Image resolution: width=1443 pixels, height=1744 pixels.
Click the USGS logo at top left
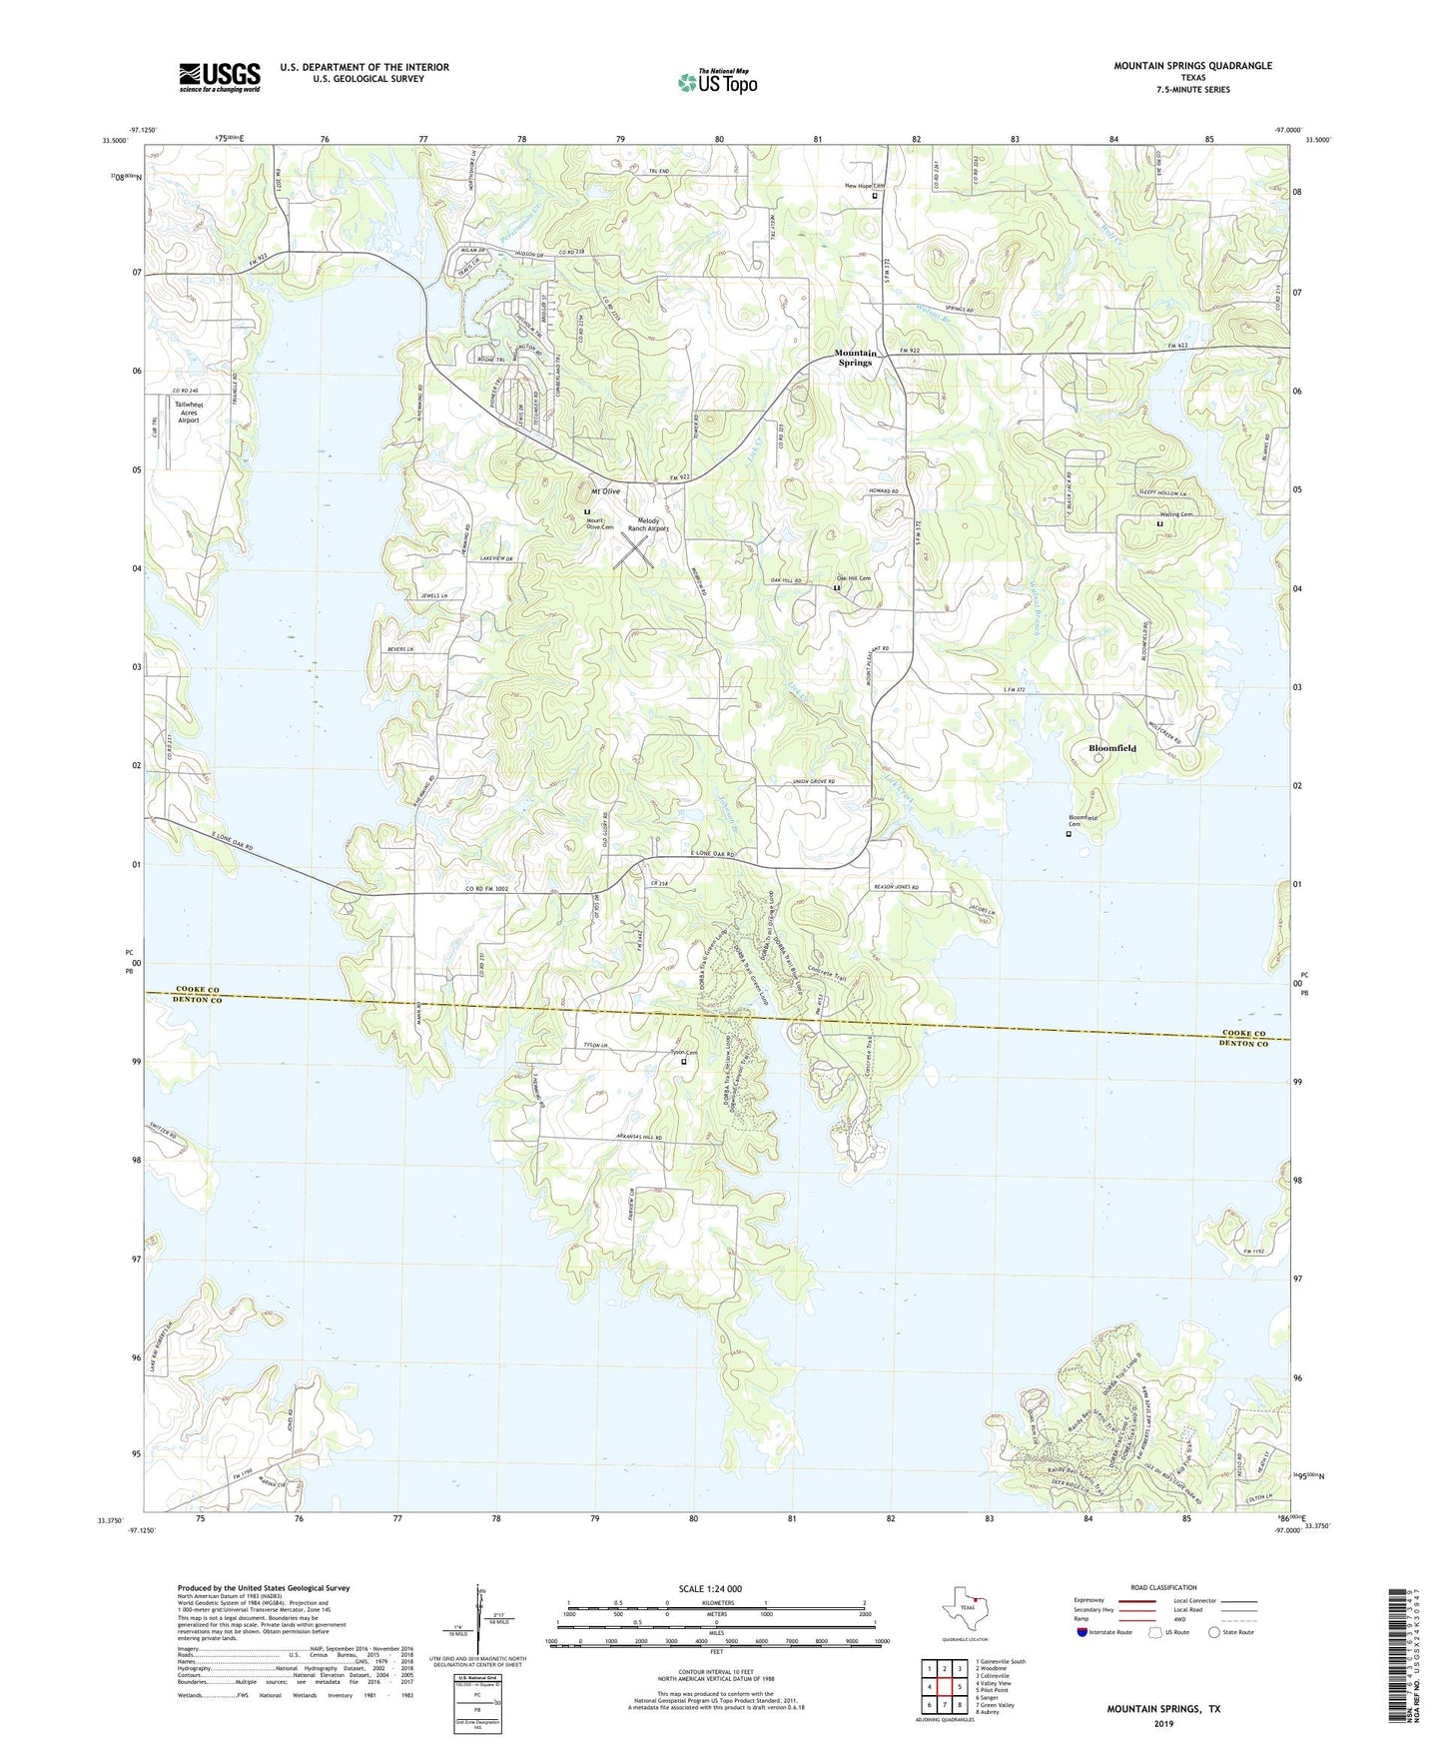pyautogui.click(x=220, y=77)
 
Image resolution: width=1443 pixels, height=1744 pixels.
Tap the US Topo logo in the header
pyautogui.click(x=717, y=82)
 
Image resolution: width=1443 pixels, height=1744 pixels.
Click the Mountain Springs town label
pyautogui.click(x=856, y=358)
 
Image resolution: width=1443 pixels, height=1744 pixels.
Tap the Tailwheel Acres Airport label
pyautogui.click(x=189, y=413)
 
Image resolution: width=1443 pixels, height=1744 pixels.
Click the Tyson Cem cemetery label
pyautogui.click(x=684, y=1053)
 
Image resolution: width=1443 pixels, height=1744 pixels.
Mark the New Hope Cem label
pyautogui.click(x=865, y=186)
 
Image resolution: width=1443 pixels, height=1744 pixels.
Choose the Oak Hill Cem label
pyautogui.click(x=854, y=578)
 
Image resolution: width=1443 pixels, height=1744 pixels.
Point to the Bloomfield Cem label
pyautogui.click(x=1082, y=821)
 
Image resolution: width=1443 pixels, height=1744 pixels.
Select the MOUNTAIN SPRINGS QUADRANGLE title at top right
pyautogui.click(x=1192, y=66)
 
